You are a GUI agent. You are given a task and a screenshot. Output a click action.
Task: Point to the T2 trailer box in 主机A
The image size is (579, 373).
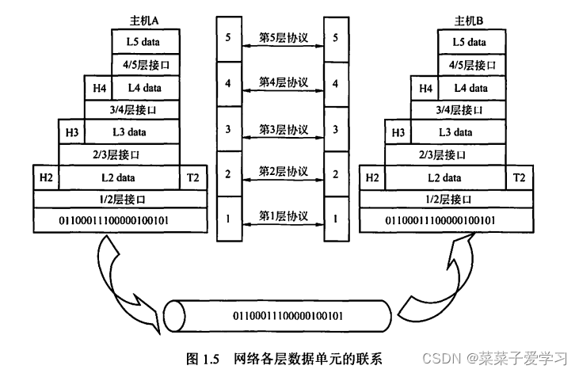pyautogui.click(x=194, y=177)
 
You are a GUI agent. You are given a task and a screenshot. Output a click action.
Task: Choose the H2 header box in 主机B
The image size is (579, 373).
pyautogui.click(x=371, y=177)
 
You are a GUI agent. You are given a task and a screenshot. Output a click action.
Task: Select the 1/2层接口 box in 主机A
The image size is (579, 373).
pyautogui.click(x=120, y=200)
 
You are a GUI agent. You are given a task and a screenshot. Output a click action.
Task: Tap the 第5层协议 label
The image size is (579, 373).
pyautogui.click(x=284, y=37)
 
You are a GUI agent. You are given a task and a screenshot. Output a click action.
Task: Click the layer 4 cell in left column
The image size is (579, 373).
pyautogui.click(x=228, y=82)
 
